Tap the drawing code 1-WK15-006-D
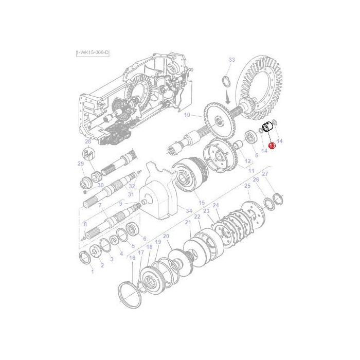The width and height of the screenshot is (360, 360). (x=93, y=53)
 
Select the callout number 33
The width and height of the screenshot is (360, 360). (x=231, y=60)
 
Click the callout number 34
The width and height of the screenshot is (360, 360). (x=189, y=211)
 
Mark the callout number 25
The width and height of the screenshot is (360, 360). (x=247, y=185)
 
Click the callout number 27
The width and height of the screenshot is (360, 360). (x=266, y=175)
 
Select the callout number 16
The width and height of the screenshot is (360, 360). (x=132, y=258)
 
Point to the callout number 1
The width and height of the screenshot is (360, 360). (x=93, y=272)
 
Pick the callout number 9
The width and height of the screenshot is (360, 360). (x=120, y=204)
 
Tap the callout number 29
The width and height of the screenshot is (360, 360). (x=80, y=164)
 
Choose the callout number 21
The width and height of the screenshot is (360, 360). (x=188, y=222)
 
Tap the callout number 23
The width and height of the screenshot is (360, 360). (x=206, y=211)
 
